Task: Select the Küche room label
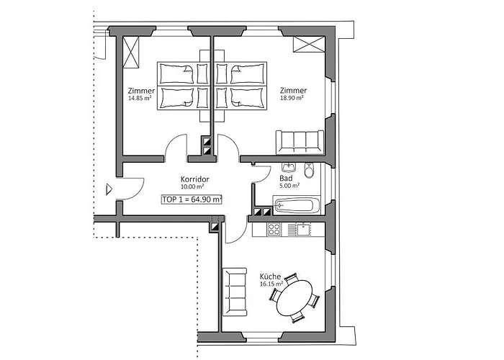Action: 270,276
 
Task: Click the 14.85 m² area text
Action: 139,99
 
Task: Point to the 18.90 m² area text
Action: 292,99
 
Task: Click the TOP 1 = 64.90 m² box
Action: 192,199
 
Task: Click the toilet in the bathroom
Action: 310,171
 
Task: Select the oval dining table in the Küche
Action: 297,299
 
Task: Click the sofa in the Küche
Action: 235,291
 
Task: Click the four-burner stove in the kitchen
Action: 275,230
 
